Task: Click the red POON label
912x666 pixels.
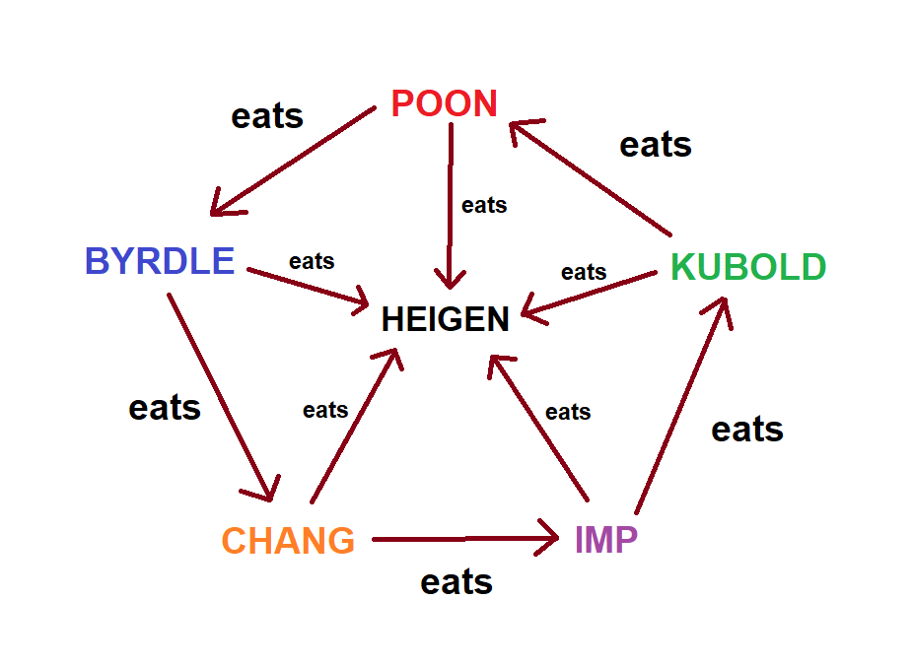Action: pos(444,103)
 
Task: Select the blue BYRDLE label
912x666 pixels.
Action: pos(160,261)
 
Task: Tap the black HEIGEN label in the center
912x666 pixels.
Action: pos(446,319)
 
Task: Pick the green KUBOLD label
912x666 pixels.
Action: pos(748,267)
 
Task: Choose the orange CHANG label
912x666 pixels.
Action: pos(288,541)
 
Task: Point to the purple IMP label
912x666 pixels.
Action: pos(606,539)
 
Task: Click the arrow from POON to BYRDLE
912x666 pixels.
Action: pos(293,161)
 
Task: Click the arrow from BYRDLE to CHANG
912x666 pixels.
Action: pos(222,394)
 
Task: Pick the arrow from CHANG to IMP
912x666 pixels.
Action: pos(463,539)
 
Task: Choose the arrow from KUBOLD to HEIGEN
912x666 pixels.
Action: pos(589,295)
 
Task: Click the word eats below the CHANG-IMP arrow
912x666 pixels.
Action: pos(456,581)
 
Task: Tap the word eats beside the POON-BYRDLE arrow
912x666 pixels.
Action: pos(267,116)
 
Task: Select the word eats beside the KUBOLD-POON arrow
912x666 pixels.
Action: pos(656,145)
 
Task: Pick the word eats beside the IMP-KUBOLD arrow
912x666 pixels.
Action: pos(747,429)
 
